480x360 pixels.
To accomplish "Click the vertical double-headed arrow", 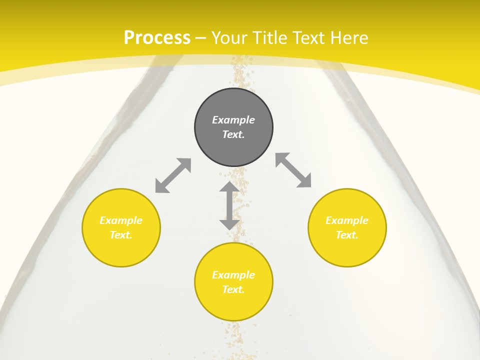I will [x=229, y=205].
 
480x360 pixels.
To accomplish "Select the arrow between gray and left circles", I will [x=173, y=175].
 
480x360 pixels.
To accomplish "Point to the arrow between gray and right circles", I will [x=293, y=170].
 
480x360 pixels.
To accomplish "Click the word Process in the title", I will [x=157, y=37].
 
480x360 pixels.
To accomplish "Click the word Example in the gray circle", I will [x=233, y=120].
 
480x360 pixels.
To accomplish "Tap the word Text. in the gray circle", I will [x=233, y=134].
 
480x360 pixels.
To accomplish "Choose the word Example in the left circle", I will [x=121, y=220].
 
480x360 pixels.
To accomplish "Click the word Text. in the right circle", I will [x=347, y=235].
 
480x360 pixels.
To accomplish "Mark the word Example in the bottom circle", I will [x=233, y=275].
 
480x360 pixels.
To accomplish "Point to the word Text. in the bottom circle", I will [x=233, y=289].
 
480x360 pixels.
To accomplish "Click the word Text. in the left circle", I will [x=121, y=235].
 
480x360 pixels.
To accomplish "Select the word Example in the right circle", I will [x=347, y=220].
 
